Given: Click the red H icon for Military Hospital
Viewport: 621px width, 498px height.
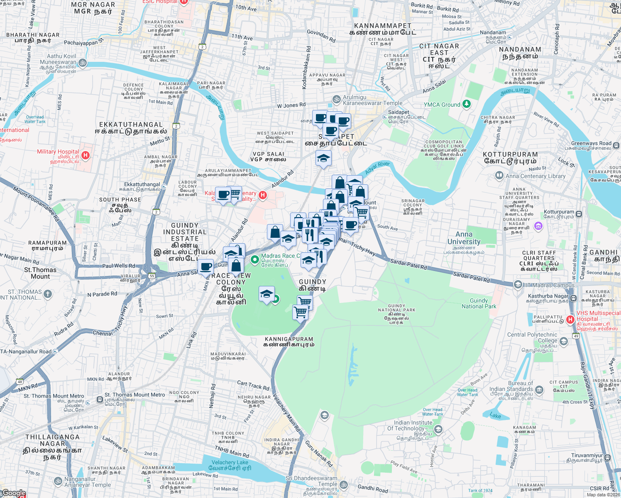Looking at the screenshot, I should click(86, 156).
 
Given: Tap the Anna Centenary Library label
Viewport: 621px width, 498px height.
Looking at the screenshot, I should click(535, 176).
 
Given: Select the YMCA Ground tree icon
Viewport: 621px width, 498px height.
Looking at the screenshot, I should click(467, 104).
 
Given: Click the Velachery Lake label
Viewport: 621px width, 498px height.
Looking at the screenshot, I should click(230, 462).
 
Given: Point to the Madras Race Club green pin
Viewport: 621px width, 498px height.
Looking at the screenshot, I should click(255, 260).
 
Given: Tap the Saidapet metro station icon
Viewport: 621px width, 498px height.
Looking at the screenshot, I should click(384, 117).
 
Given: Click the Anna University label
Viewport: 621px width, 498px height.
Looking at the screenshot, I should click(464, 238).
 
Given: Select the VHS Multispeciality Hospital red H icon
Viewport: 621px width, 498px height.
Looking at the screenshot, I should click(570, 320).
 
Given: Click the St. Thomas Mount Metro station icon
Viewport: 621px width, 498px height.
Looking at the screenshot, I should click(100, 400).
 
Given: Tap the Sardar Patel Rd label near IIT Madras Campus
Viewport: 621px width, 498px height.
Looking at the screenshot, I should click(471, 277).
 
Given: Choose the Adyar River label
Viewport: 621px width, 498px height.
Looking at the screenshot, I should click(377, 168).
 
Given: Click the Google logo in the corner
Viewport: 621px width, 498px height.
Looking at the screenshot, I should click(13, 493).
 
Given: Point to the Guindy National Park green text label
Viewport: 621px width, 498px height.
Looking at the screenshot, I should click(479, 303).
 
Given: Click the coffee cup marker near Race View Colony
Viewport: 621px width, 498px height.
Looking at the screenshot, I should click(205, 266).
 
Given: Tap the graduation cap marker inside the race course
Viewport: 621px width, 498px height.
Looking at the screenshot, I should click(266, 294).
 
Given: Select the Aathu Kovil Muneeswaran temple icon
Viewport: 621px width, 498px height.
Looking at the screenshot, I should click(82, 63).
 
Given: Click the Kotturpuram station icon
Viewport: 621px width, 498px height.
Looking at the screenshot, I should click(579, 214).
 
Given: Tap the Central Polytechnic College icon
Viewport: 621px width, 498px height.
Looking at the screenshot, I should click(563, 341).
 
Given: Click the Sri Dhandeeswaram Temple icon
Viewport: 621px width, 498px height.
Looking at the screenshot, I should click(343, 484).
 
